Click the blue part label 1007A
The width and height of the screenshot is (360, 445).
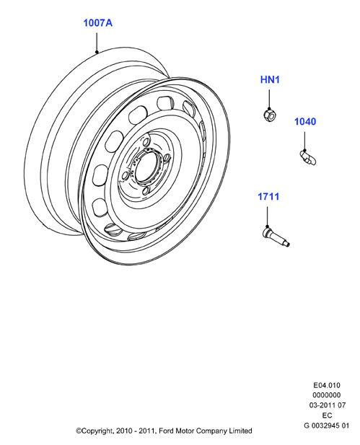(97, 23)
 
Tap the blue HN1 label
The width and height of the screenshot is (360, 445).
(270, 80)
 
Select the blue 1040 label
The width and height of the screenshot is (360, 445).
(305, 121)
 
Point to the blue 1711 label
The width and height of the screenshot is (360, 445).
(268, 196)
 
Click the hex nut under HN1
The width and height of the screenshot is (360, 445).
(269, 115)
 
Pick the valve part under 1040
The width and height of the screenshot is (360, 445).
(308, 158)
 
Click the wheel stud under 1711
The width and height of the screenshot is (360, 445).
(276, 237)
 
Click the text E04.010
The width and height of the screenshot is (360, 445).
(327, 385)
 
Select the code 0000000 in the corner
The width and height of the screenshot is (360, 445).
(327, 395)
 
